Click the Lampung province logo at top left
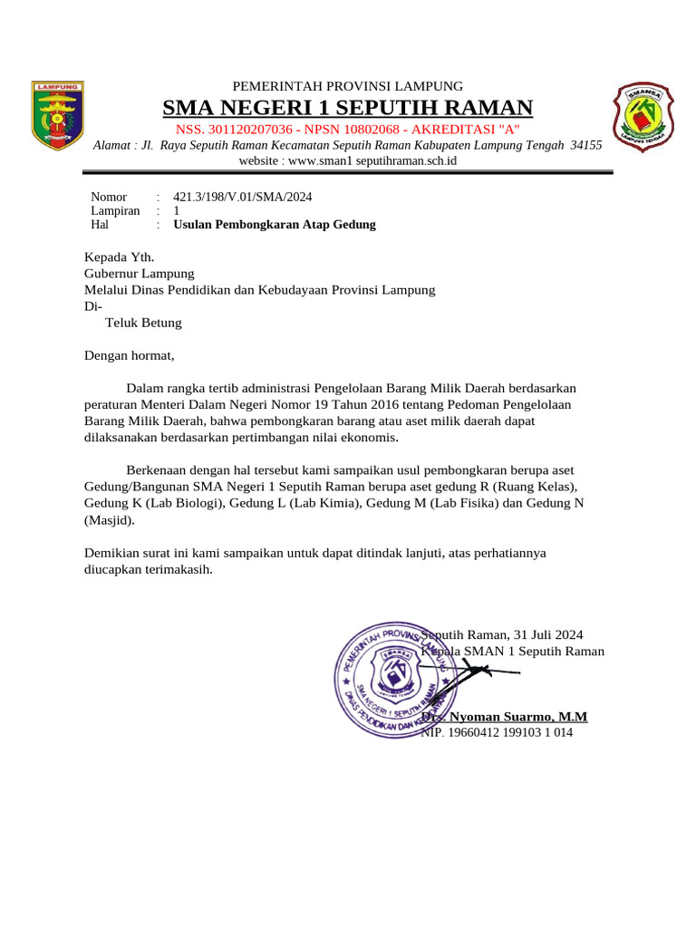(x=58, y=116)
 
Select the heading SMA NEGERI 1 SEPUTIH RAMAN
(x=347, y=109)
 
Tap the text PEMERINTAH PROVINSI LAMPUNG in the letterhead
(x=348, y=85)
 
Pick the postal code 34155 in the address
(x=586, y=145)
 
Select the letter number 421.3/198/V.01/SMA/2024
(x=243, y=197)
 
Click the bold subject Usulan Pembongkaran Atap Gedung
(x=274, y=224)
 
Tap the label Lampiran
(x=115, y=210)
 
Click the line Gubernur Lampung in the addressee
(x=139, y=273)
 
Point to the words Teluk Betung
(x=143, y=323)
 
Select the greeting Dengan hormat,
(x=128, y=355)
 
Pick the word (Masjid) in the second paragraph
(x=109, y=520)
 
